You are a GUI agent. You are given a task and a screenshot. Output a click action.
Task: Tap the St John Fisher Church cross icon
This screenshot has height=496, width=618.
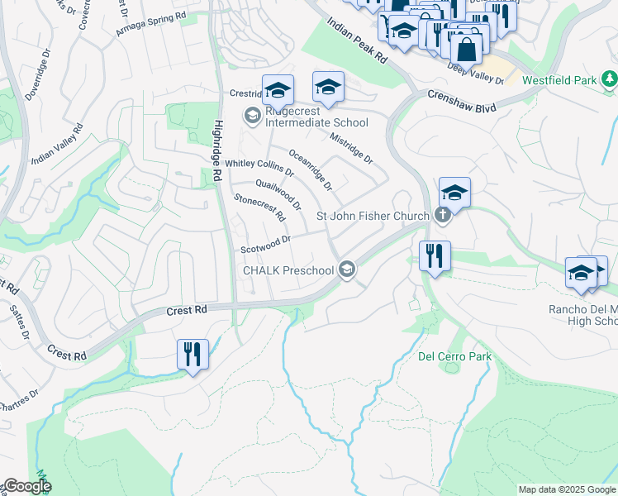[x=443, y=217]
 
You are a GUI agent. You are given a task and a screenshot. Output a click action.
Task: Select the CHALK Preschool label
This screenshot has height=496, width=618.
[x=288, y=270]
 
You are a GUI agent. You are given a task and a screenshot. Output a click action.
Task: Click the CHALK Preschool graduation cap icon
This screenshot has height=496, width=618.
[x=348, y=269]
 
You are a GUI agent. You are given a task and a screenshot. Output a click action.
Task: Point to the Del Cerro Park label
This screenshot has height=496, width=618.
[x=454, y=357]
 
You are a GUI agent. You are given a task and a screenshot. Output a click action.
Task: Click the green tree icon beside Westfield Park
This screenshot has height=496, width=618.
[x=609, y=79]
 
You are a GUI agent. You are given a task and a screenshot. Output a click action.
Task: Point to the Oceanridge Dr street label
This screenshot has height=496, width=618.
[x=311, y=169]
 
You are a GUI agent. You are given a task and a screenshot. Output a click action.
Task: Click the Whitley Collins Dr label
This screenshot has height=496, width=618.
[x=259, y=169]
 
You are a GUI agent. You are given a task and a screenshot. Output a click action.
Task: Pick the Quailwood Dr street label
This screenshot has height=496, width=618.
[x=278, y=195]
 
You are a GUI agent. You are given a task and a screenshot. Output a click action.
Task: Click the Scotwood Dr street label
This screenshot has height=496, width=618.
[x=266, y=245]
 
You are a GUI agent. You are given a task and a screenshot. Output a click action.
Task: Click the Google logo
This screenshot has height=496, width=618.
[x=26, y=486]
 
